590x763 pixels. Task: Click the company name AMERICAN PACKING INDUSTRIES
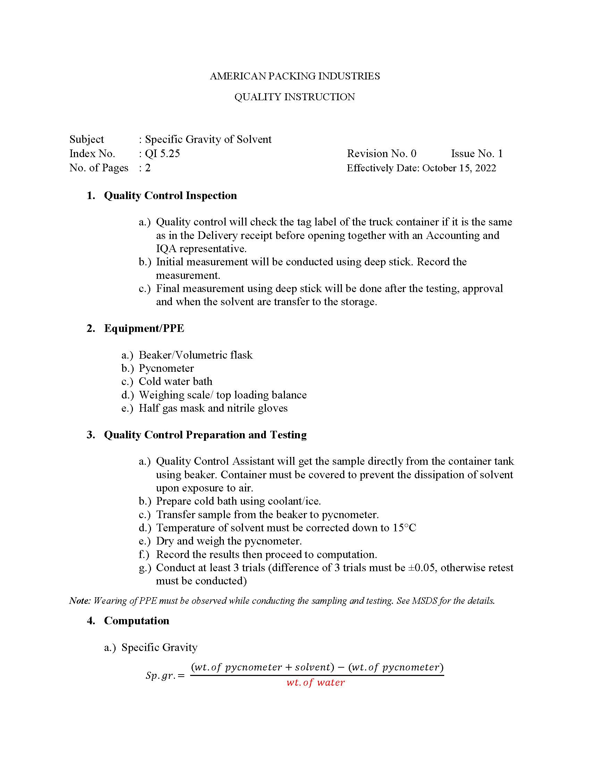tap(295, 76)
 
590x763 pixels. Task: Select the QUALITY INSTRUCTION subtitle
tap(295, 97)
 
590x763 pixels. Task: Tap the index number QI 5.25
tap(162, 154)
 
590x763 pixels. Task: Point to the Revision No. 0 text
tap(381, 154)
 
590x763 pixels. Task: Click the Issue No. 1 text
tap(477, 154)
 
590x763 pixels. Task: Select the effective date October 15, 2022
tap(459, 168)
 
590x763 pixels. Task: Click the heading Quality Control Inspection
tap(170, 196)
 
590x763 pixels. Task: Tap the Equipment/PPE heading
tap(144, 328)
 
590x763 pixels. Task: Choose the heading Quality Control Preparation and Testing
tap(205, 435)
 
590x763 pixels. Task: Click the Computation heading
tap(137, 621)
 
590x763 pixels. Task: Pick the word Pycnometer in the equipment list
tap(166, 368)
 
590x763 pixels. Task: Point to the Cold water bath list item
tap(176, 381)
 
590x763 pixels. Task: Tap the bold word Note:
tap(80, 601)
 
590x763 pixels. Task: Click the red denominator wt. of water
tap(315, 683)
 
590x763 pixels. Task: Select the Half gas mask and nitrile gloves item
tap(213, 408)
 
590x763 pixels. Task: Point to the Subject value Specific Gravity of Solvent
tap(208, 139)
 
